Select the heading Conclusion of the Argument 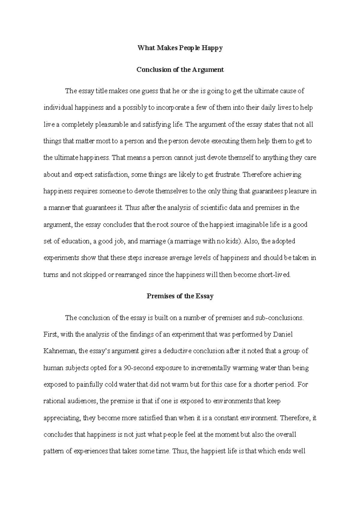[180, 70]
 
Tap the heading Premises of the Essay [180, 296]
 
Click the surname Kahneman [59, 351]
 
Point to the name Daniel [283, 334]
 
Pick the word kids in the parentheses [233, 241]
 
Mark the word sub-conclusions [279, 318]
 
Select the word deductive [177, 351]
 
